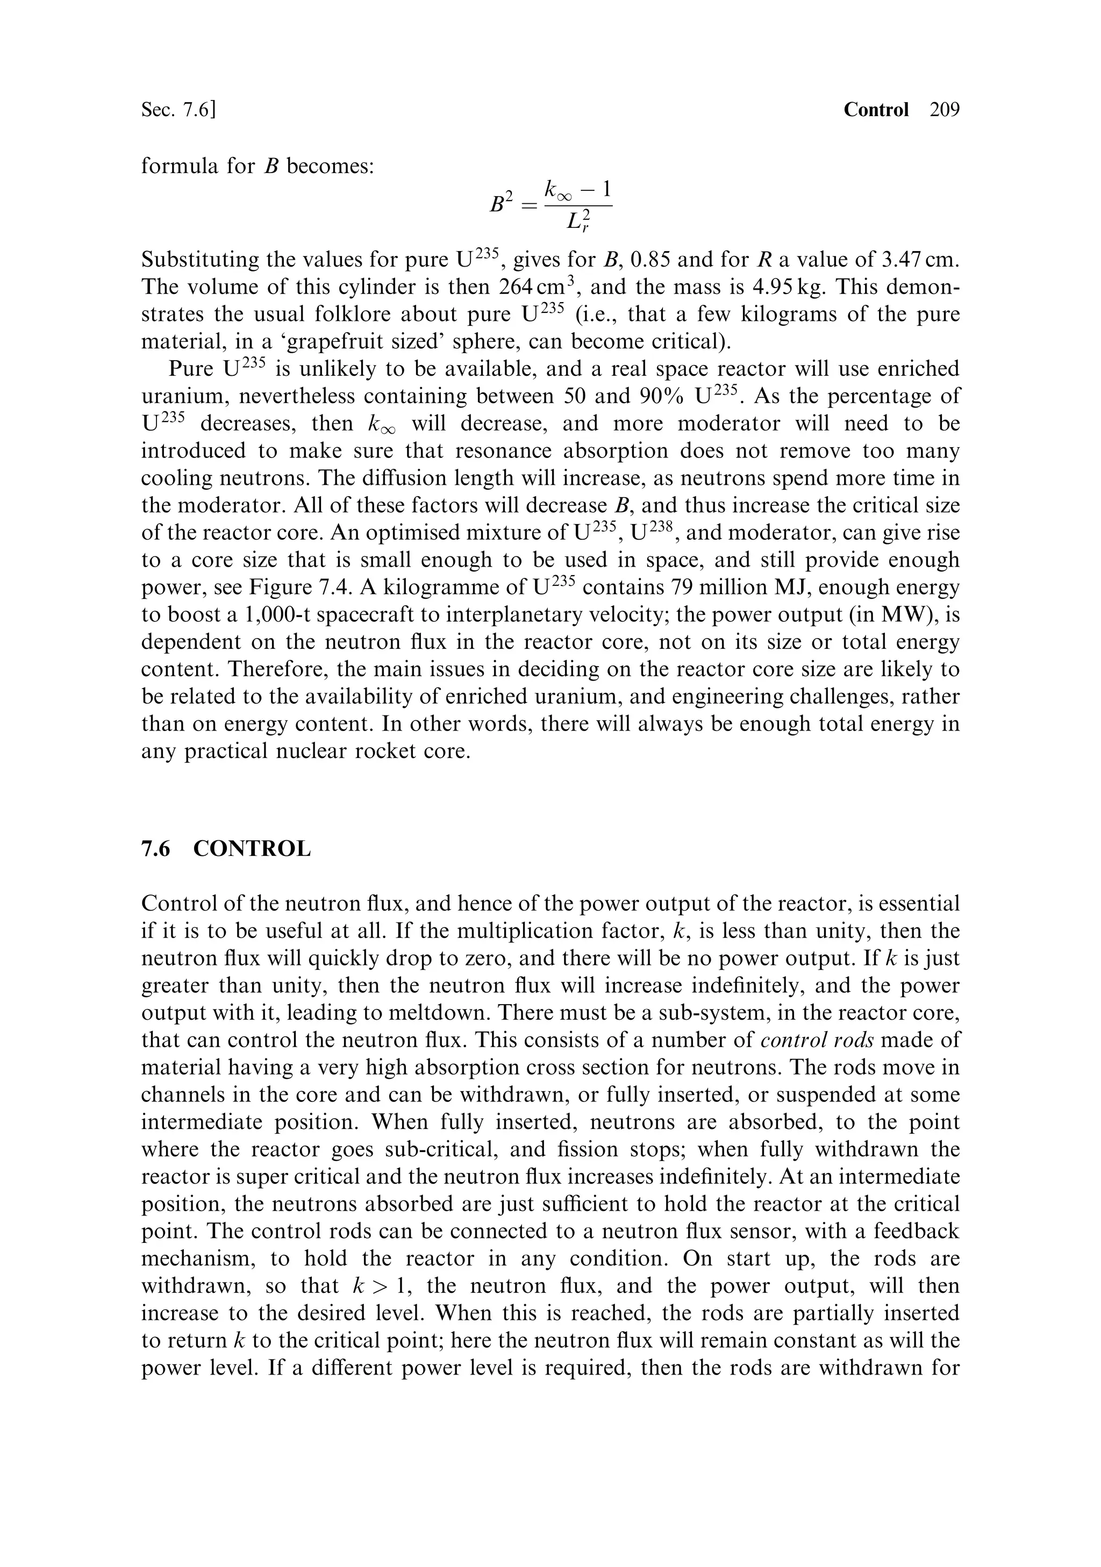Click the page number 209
[944, 110]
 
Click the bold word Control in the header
[876, 110]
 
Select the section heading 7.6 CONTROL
[226, 849]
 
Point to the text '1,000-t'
[278, 615]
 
